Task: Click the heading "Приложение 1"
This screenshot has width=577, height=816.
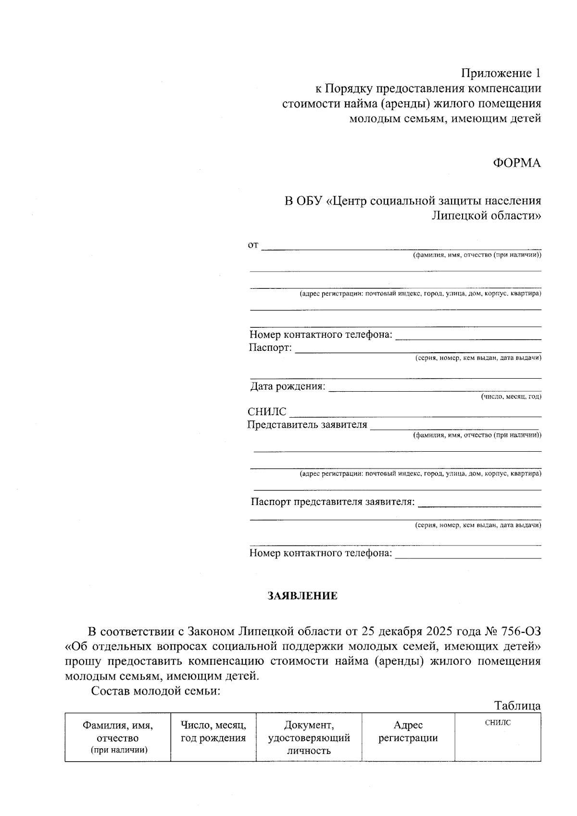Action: click(501, 74)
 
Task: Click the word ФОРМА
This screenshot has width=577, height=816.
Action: click(516, 163)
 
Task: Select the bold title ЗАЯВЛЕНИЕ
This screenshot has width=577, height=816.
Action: click(302, 596)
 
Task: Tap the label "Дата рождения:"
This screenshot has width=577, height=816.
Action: click(288, 386)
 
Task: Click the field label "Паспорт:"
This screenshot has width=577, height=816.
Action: click(270, 347)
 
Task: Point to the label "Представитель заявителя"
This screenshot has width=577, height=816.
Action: click(307, 424)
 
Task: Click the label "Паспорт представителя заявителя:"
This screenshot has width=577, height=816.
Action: click(332, 502)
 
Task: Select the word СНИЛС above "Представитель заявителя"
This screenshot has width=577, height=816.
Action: click(266, 412)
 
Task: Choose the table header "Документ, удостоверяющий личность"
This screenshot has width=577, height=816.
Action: click(308, 737)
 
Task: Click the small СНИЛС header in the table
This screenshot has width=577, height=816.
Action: click(498, 722)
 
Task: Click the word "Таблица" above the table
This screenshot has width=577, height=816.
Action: click(517, 705)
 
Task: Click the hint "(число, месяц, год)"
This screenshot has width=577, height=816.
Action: click(511, 396)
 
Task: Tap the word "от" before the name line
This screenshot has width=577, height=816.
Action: click(253, 246)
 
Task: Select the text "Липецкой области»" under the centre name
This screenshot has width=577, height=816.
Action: click(486, 215)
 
